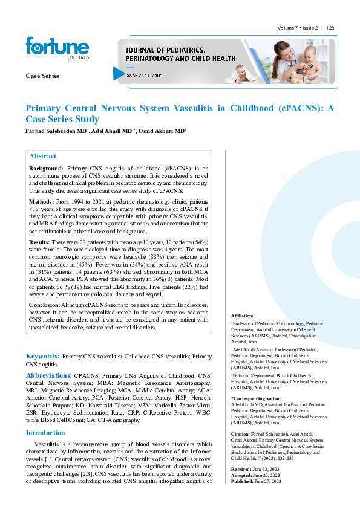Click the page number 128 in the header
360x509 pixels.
330,28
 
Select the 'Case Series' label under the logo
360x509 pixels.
42,76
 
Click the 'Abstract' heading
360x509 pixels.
43,156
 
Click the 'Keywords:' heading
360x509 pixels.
42,357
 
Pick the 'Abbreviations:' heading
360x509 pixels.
49,375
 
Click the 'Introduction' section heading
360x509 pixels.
45,433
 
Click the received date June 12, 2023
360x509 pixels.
266,469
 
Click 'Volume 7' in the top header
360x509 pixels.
288,28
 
